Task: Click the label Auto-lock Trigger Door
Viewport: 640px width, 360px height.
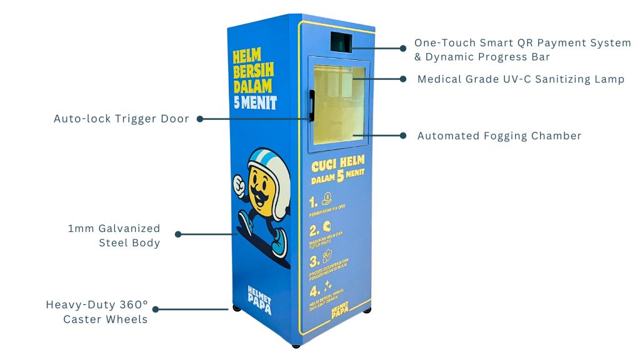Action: (x=121, y=119)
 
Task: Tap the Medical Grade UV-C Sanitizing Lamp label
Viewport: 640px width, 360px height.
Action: (x=521, y=79)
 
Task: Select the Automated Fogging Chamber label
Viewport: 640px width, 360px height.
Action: (x=499, y=136)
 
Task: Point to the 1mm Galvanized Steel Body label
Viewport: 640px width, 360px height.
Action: (x=114, y=236)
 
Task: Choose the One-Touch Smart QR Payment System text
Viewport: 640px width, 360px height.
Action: (x=522, y=43)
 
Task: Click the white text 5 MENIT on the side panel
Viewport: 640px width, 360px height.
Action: (x=255, y=101)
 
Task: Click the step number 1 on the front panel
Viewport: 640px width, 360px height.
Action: (x=312, y=202)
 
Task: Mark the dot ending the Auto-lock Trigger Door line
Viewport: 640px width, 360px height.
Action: (x=199, y=118)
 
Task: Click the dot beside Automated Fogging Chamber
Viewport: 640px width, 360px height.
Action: (x=403, y=135)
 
